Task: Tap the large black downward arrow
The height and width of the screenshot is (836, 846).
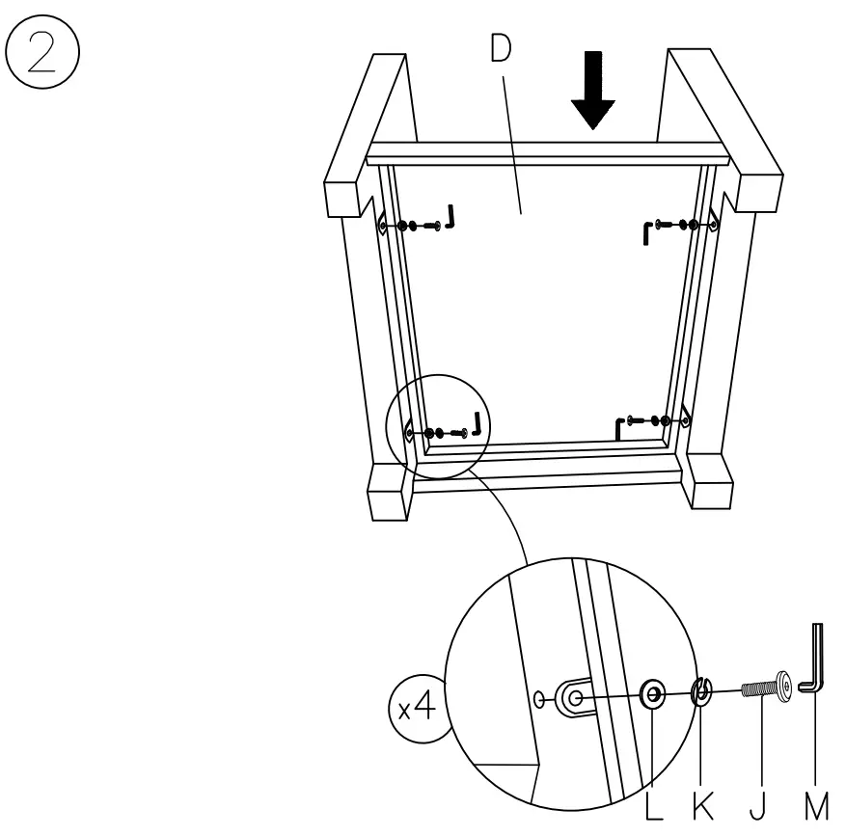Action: [x=591, y=92]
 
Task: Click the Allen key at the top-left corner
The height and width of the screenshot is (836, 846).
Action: [x=450, y=218]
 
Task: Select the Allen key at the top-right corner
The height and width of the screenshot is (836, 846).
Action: [x=646, y=231]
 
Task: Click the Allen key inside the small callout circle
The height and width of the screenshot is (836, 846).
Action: [x=474, y=423]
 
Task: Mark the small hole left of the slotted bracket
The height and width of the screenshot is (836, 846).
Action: [x=540, y=695]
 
